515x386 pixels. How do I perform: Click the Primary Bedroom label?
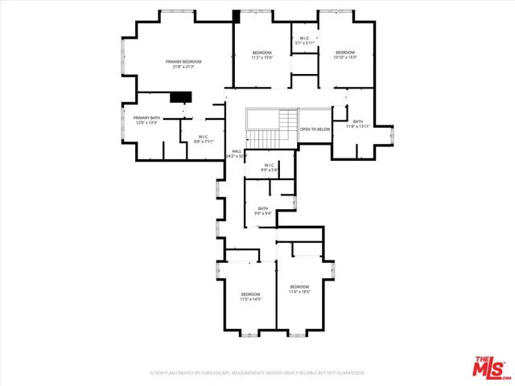coord(183,62)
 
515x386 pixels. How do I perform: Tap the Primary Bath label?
coord(146,118)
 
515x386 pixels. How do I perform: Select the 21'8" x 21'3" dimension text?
coord(183,68)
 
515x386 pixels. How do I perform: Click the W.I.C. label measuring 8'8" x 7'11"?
coord(204,136)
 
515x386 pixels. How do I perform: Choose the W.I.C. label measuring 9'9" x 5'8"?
coord(269,166)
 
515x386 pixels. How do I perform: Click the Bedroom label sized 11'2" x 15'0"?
coord(262,53)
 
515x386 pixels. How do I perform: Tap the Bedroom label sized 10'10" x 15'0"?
coord(344,52)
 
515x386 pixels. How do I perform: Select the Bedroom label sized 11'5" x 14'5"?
coord(251,294)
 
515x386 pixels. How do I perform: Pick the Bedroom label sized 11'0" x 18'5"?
coord(299,287)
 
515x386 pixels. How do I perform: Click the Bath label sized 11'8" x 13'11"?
coord(358,122)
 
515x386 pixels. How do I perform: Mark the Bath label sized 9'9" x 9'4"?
coord(263,209)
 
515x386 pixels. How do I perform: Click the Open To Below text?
coord(315,129)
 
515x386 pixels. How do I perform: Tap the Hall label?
coord(237,150)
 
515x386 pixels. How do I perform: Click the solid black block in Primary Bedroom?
coord(182,97)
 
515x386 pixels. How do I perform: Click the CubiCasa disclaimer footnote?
coord(257,373)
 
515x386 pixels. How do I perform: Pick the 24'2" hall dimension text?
coord(237,156)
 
